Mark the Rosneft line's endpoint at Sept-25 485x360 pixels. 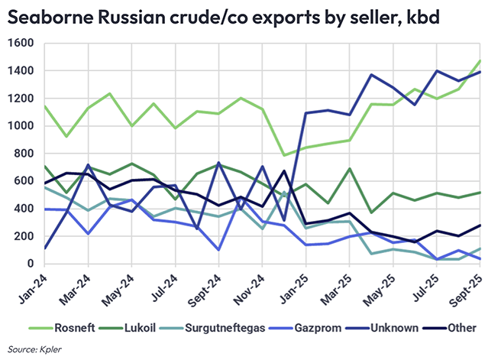pyautogui.click(x=480, y=60)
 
